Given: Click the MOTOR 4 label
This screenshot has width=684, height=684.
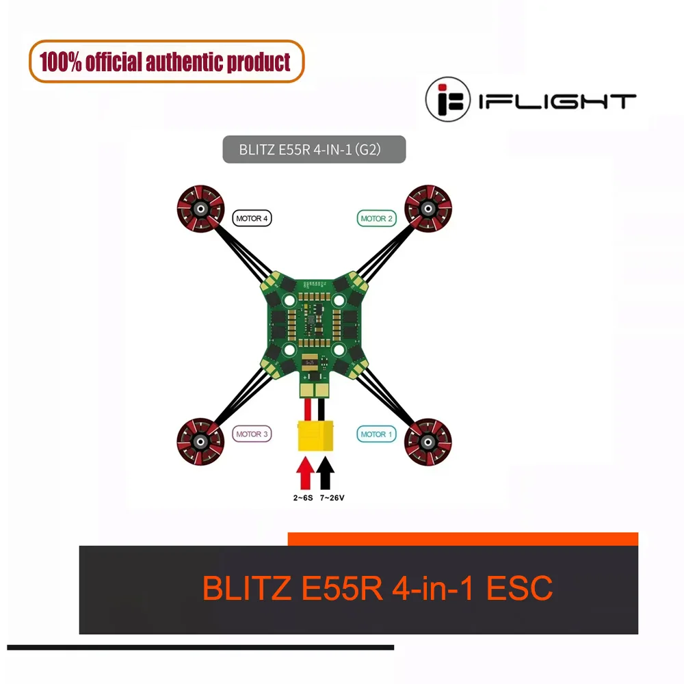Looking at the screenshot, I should coord(252,218).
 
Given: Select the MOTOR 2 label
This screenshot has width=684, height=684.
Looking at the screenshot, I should coord(377,218).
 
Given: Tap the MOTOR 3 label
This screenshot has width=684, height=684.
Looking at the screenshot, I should coord(252,434).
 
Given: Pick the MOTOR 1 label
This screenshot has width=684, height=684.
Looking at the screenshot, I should coord(377,434).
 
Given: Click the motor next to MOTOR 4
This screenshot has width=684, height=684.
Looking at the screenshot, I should coord(198,206).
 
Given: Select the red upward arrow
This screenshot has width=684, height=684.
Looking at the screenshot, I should coord(304,472).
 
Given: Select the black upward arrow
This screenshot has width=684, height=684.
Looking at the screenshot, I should coord(326,472).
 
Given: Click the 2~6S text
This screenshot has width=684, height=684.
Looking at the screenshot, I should coord(303,498).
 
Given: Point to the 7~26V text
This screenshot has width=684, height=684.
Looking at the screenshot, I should coord(332,498).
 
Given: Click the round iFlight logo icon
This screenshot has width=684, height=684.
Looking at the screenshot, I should coord(448,100).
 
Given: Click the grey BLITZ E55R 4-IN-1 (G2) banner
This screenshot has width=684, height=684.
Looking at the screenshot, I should coord(314,150).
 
